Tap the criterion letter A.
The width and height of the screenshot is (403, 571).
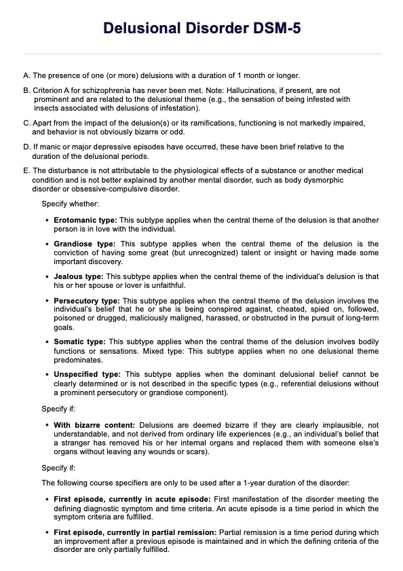(x=26, y=75)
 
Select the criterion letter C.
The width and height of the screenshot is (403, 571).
(x=26, y=123)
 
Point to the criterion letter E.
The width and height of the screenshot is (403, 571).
(x=26, y=170)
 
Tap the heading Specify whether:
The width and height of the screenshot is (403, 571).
(x=71, y=204)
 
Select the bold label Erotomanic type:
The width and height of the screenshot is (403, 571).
(x=85, y=221)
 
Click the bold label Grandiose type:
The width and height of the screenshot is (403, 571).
(x=85, y=244)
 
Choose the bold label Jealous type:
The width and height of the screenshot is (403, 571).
(x=79, y=276)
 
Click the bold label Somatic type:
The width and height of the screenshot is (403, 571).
(x=79, y=341)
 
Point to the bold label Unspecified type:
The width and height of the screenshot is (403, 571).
(x=88, y=373)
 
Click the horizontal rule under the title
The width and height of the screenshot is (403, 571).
(x=201, y=54)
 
